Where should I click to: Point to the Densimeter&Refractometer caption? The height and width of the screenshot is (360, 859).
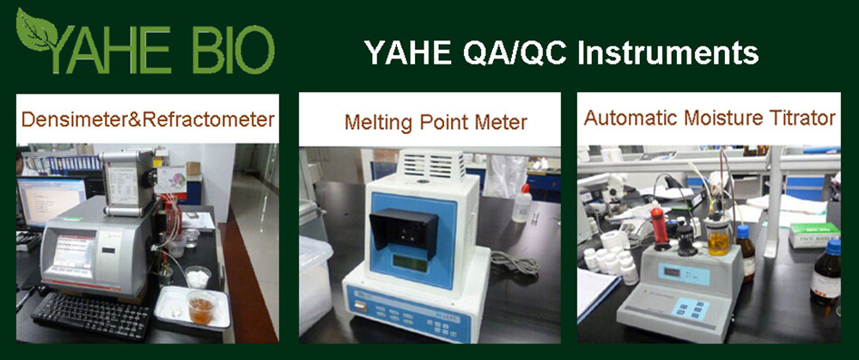click(x=148, y=119)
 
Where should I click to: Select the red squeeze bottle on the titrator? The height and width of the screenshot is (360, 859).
click(x=659, y=223)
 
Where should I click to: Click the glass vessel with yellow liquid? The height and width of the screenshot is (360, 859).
click(x=719, y=235)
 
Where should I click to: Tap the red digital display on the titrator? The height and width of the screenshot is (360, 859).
click(x=671, y=272)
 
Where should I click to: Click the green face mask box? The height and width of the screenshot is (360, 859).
click(x=814, y=235)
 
